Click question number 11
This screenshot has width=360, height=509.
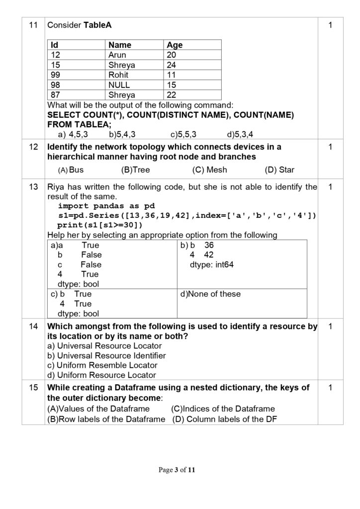pos(33,25)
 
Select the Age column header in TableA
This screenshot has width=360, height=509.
pos(175,45)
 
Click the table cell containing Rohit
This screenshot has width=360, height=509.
pos(118,75)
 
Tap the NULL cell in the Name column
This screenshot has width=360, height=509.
pos(119,85)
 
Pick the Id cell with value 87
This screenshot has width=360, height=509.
pos(56,94)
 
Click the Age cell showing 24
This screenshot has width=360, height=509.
pos(172,65)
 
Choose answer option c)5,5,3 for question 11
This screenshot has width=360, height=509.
pos(183,134)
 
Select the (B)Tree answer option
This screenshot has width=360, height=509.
pos(135,170)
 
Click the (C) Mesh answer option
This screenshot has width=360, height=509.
pos(209,170)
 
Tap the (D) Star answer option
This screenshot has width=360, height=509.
pos(280,170)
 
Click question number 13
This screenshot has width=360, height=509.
pos(33,187)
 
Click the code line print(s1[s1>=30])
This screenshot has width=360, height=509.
pos(100,225)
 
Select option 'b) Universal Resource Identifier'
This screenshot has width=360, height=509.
pos(106,355)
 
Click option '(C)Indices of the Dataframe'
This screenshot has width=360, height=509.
pos(223,409)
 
